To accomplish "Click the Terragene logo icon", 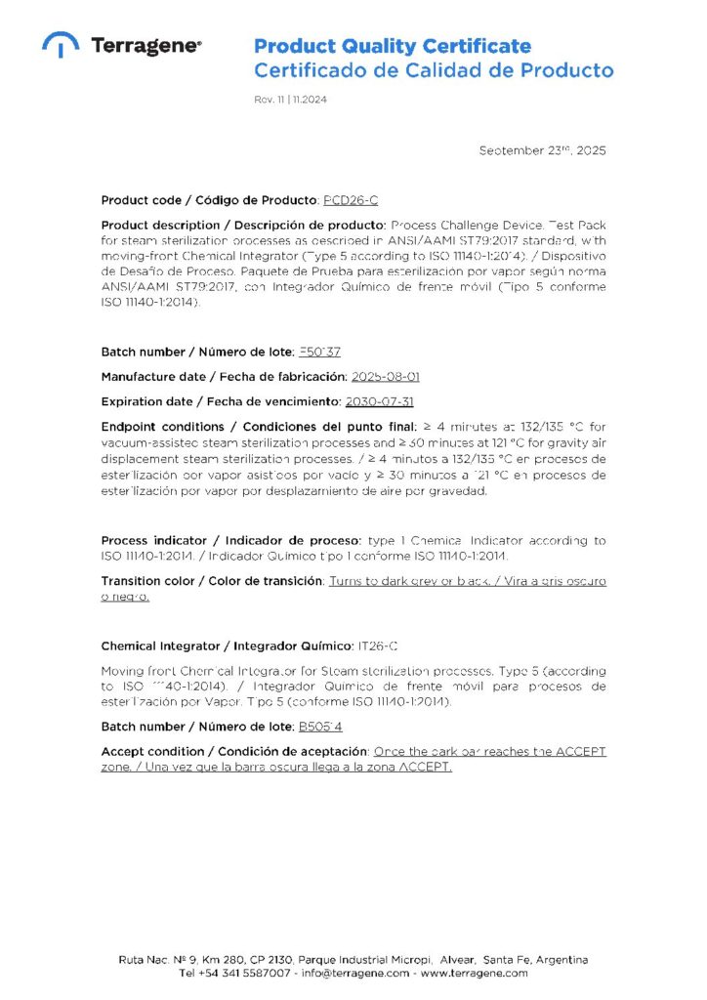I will point(61,45).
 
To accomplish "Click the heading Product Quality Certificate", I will point(393,46).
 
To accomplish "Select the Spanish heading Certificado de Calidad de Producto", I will point(434,70).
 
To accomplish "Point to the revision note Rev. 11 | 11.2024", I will point(290,100).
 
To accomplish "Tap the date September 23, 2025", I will point(542,150).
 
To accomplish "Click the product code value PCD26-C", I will point(350,200).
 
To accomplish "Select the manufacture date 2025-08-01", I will point(386,376).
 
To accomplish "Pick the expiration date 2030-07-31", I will point(381,401).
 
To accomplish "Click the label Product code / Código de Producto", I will point(209,200).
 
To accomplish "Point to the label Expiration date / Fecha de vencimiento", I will point(221,401).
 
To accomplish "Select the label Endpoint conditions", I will point(160,427).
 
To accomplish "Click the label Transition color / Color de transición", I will point(212,581).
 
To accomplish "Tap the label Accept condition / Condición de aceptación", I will point(234,751).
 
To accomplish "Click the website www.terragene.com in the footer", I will point(475,973).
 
